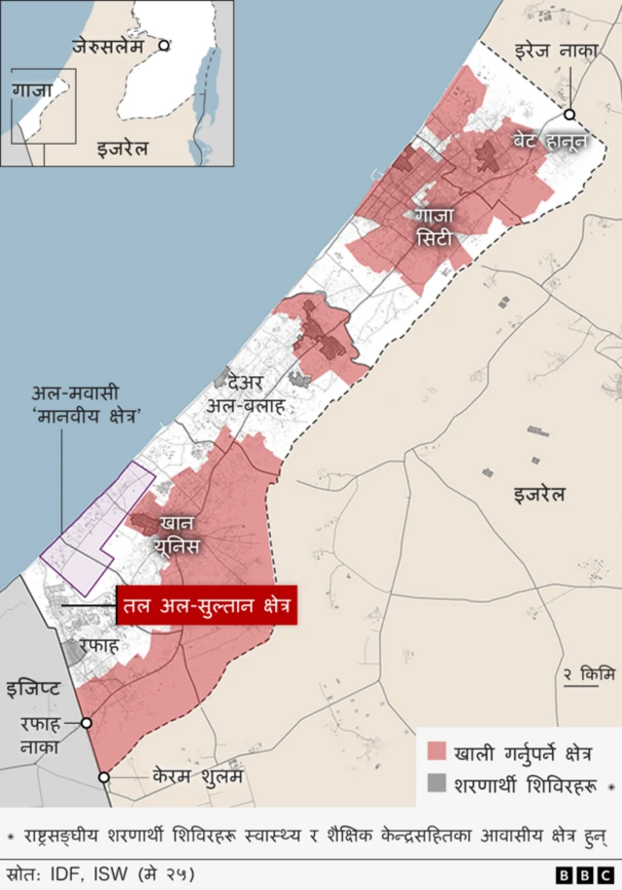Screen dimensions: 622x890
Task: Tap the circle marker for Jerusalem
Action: click(x=165, y=45)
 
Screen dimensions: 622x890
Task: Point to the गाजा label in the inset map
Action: click(x=33, y=90)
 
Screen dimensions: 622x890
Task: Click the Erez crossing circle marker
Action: click(x=570, y=115)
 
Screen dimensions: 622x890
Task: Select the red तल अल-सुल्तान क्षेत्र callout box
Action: click(x=205, y=607)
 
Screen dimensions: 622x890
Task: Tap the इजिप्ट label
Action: click(x=33, y=690)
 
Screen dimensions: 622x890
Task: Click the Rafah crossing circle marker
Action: click(x=86, y=723)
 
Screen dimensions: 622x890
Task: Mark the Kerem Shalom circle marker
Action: click(x=104, y=777)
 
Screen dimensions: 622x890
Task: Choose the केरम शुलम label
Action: click(x=196, y=777)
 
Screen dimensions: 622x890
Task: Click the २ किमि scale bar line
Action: click(x=581, y=686)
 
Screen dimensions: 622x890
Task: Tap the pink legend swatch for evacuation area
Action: click(x=436, y=752)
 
